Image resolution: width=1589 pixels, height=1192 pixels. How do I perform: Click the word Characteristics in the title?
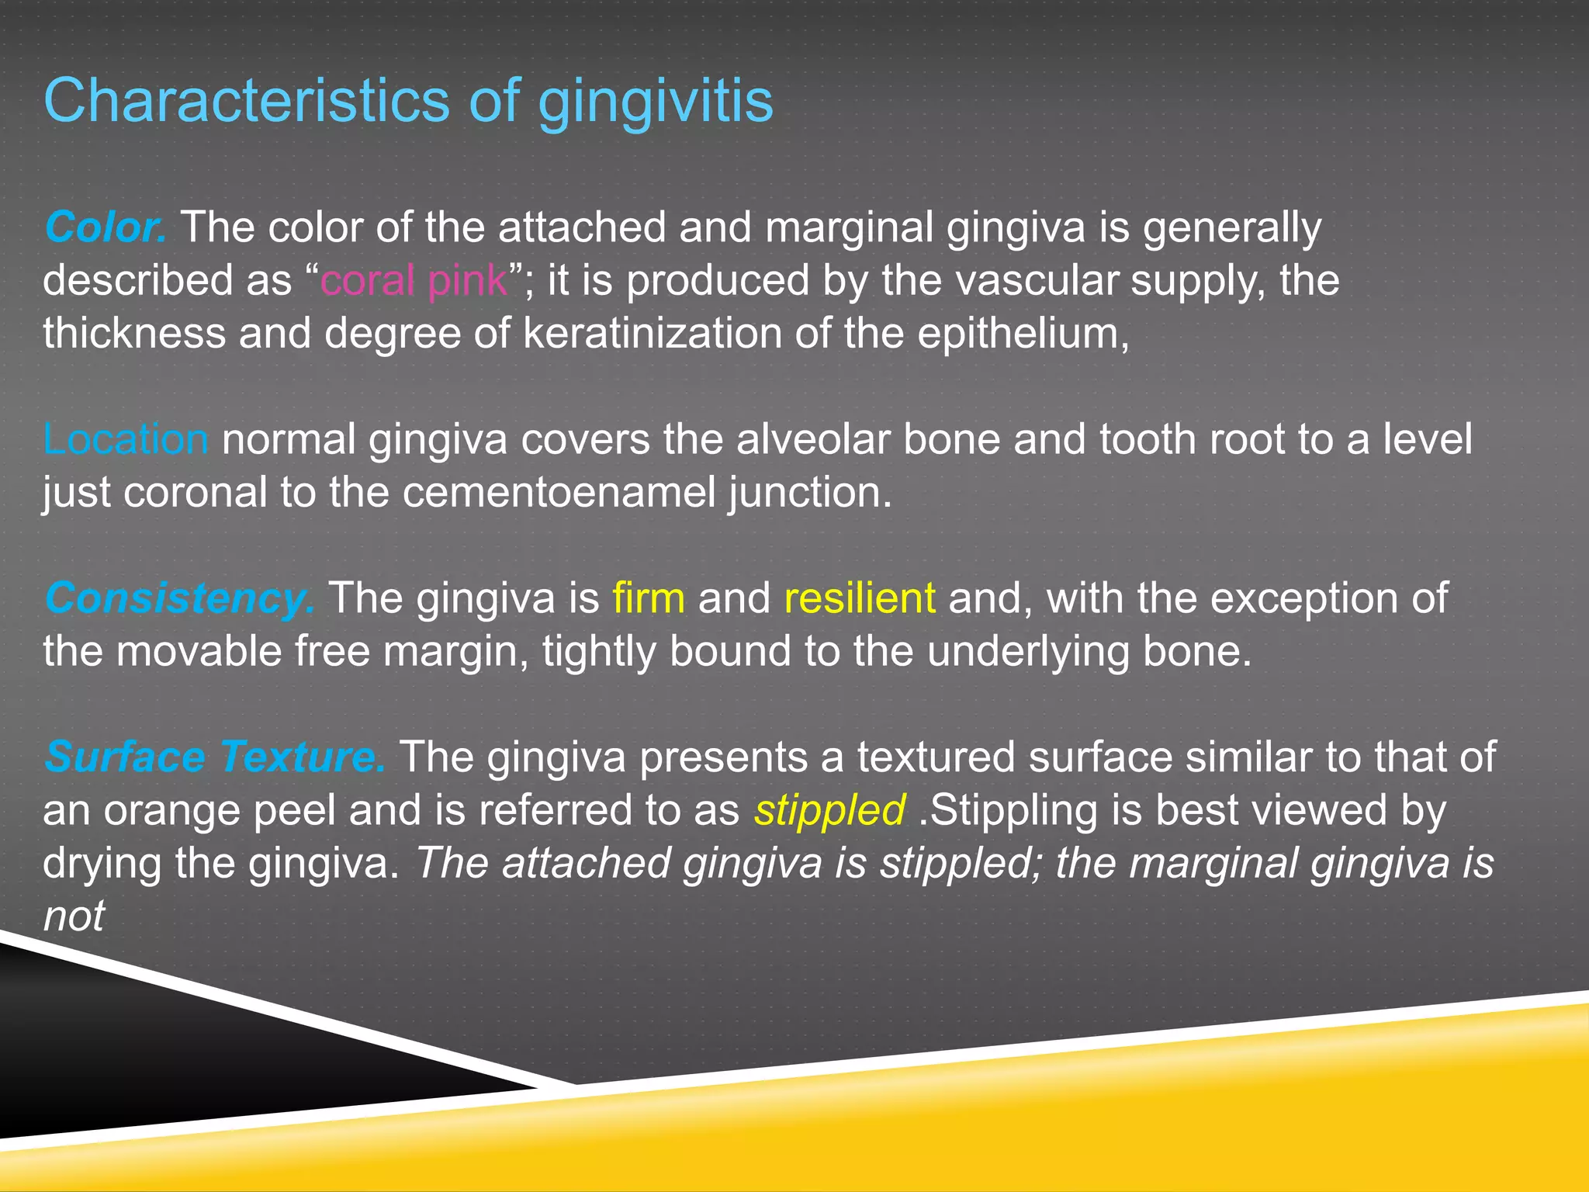(x=247, y=101)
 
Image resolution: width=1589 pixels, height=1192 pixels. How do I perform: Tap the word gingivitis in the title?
(x=655, y=102)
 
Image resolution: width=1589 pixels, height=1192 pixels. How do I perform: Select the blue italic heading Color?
(x=105, y=227)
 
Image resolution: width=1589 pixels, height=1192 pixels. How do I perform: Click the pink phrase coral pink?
(x=414, y=280)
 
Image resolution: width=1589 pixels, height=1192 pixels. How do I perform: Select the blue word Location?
(x=125, y=439)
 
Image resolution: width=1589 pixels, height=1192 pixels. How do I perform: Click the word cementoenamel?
(x=559, y=493)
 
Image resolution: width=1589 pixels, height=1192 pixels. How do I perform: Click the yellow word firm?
(x=649, y=598)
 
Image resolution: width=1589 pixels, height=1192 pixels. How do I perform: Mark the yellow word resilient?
(x=860, y=598)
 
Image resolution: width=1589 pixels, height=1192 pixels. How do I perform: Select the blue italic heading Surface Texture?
(x=214, y=757)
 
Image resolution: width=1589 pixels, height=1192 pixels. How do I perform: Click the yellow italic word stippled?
(x=829, y=810)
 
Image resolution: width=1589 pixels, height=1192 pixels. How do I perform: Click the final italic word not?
(x=74, y=917)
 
